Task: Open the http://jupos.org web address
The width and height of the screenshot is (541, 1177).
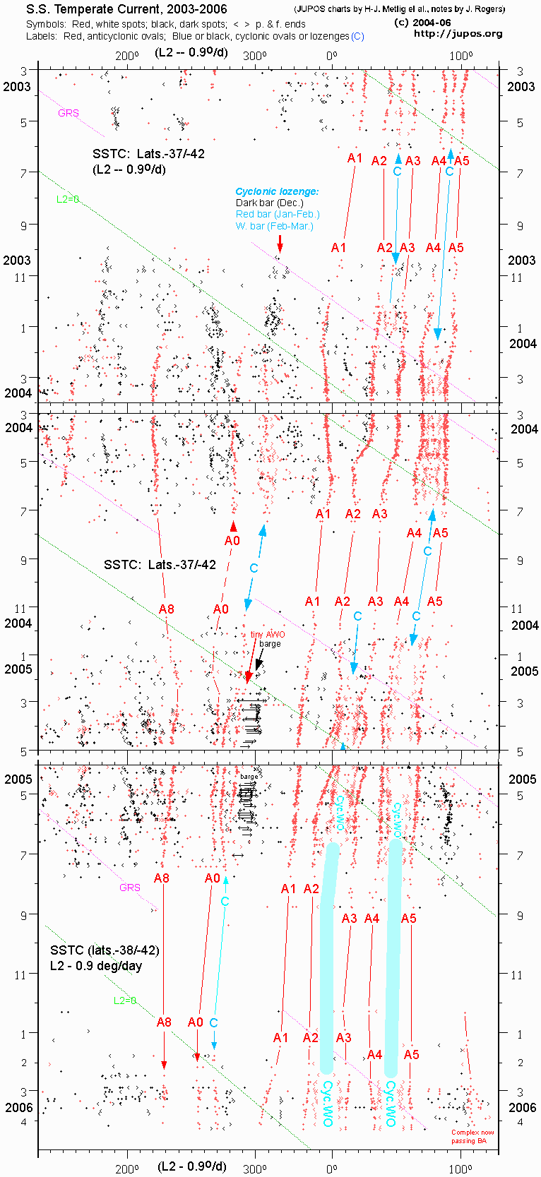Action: click(458, 34)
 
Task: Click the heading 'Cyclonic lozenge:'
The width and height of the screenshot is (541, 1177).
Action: click(277, 191)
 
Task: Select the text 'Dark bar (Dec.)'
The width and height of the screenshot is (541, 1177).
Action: click(269, 203)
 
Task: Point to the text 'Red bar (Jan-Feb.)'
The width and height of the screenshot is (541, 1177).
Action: click(278, 214)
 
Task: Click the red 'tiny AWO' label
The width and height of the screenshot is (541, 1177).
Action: click(268, 634)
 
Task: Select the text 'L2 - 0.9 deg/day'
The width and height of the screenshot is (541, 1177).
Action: click(96, 965)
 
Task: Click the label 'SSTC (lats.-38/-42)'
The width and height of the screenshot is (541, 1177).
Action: click(105, 950)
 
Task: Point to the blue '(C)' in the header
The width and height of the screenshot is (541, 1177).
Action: click(357, 36)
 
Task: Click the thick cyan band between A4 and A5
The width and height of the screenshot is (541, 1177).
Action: click(393, 953)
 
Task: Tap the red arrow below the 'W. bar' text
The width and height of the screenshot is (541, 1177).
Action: click(280, 244)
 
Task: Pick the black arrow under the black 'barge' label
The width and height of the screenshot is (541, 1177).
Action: click(259, 659)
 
